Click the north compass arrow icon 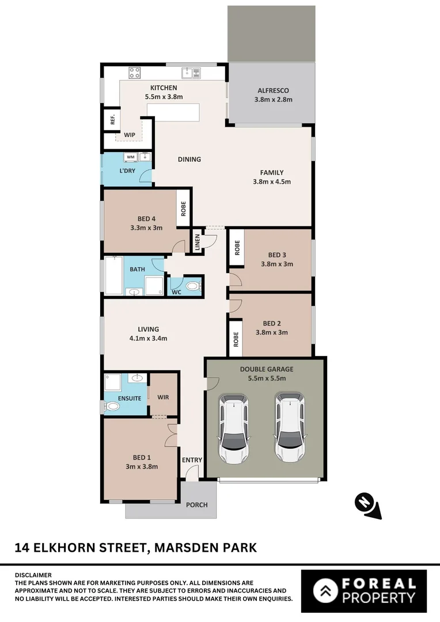(x=366, y=505)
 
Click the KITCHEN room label (x=164, y=88)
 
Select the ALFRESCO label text (x=273, y=90)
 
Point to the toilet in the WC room (x=193, y=286)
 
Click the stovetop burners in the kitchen (x=134, y=73)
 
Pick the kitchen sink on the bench (x=187, y=73)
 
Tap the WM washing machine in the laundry (x=130, y=157)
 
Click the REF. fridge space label (x=113, y=120)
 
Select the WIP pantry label (x=130, y=135)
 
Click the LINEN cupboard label (x=197, y=242)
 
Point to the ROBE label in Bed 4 (x=184, y=208)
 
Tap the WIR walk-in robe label (x=163, y=397)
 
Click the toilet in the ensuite (x=112, y=407)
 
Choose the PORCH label (x=196, y=505)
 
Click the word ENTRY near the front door (x=192, y=460)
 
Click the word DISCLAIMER (x=33, y=575)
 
